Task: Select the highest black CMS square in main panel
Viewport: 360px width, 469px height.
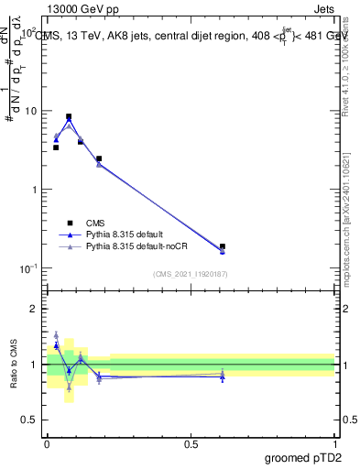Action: point(69,117)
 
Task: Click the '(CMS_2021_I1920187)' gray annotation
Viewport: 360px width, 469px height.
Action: point(191,273)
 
